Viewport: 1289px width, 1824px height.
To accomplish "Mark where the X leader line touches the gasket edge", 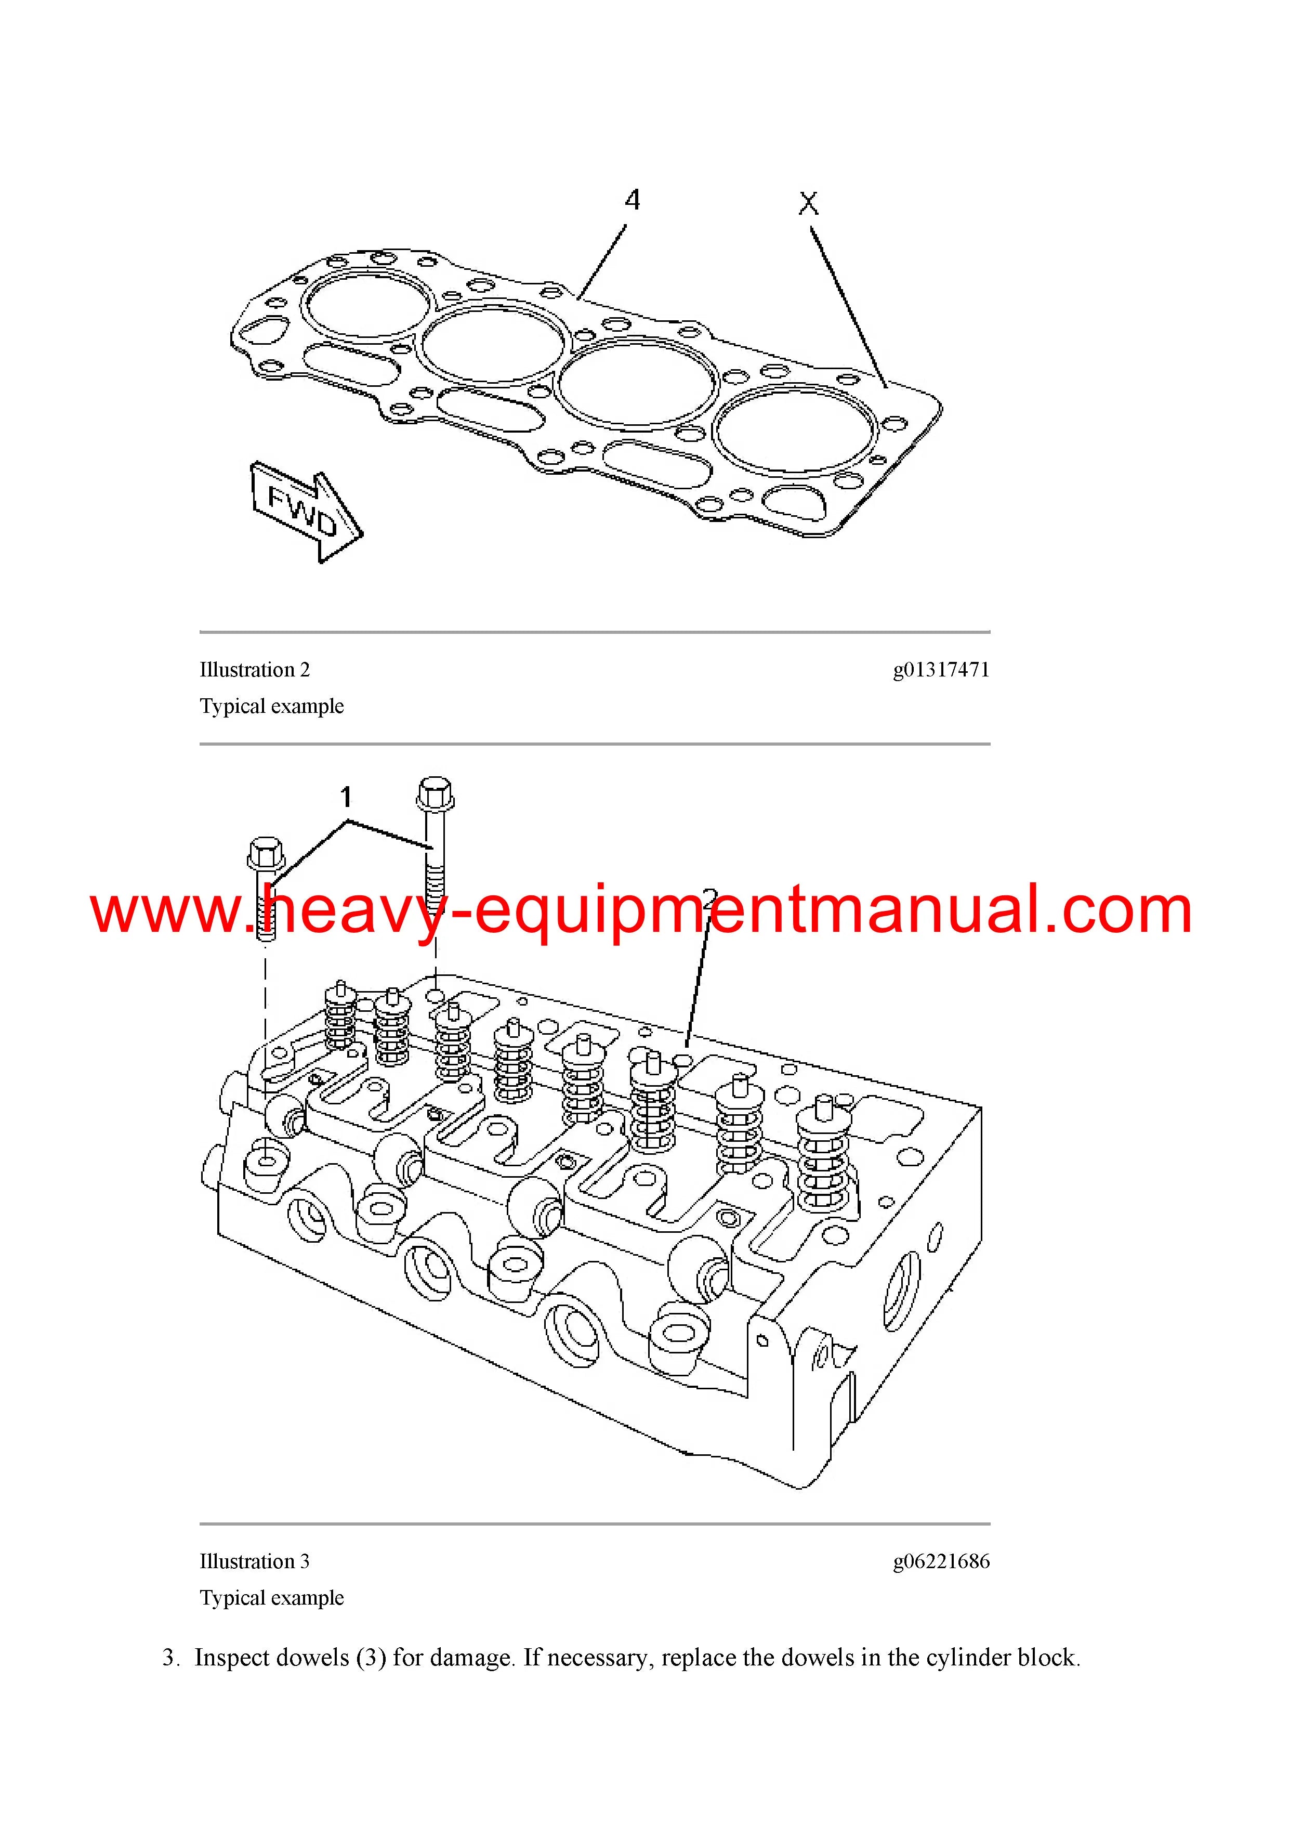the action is (x=886, y=388).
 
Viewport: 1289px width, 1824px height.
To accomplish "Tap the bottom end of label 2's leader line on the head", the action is (x=687, y=1045).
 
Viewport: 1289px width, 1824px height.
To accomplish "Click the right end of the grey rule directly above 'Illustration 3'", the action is (x=990, y=1523).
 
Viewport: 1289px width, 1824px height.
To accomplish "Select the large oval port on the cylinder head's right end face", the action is (x=901, y=1291).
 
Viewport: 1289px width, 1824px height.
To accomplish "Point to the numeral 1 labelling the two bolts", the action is (x=346, y=796).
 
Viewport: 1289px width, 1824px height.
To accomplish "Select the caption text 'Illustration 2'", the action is (x=254, y=670).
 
